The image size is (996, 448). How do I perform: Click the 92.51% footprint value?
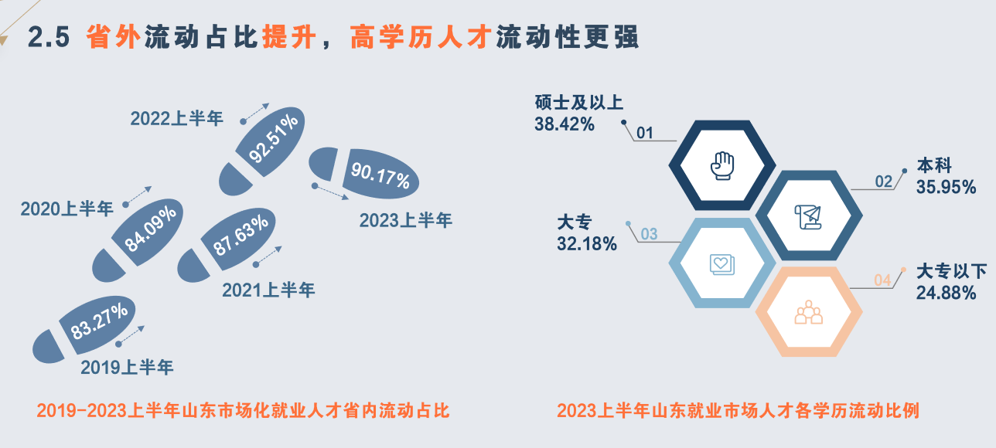tap(273, 138)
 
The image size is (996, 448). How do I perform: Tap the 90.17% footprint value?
tap(380, 175)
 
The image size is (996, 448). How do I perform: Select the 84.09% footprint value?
tap(150, 229)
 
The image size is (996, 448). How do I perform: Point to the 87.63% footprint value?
tap(240, 236)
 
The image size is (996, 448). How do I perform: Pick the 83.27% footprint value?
tap(99, 322)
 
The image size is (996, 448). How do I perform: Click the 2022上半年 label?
tap(176, 118)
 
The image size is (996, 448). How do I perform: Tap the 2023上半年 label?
tap(405, 220)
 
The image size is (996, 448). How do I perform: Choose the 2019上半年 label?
tap(127, 367)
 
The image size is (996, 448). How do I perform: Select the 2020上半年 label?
tap(67, 209)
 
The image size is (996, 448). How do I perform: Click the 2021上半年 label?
tap(268, 290)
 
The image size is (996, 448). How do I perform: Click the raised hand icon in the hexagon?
tap(722, 165)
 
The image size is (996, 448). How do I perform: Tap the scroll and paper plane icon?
tap(808, 217)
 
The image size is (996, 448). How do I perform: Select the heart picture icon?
tap(722, 265)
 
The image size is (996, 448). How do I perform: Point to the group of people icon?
tap(809, 312)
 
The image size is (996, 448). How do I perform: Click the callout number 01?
tap(645, 133)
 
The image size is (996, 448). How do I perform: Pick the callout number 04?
tap(882, 280)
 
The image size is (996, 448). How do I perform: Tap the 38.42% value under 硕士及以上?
tap(565, 124)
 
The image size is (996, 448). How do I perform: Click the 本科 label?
tap(934, 165)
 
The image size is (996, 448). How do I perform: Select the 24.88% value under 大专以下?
tap(946, 293)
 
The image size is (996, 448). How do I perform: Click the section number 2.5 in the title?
tap(49, 37)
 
